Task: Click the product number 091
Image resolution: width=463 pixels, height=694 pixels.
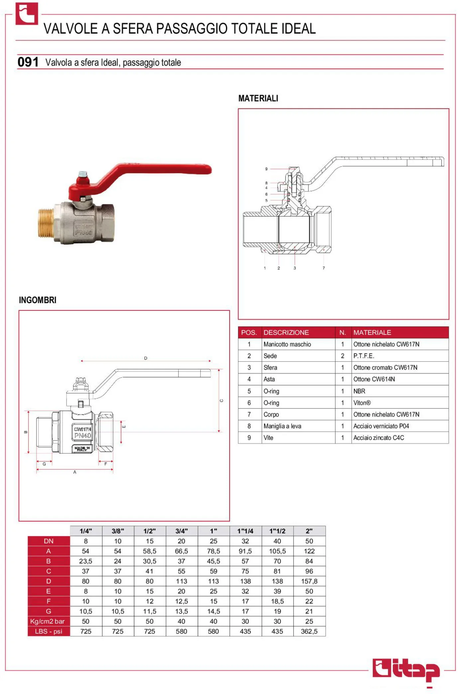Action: tap(28, 62)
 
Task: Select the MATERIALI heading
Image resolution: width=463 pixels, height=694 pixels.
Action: tap(258, 98)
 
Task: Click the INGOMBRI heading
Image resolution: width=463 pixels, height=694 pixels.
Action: tap(38, 300)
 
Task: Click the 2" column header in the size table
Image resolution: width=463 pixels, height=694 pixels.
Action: tap(309, 531)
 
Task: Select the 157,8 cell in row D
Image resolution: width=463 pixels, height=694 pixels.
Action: tap(309, 581)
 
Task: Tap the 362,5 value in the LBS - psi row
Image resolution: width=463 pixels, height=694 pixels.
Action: tap(309, 632)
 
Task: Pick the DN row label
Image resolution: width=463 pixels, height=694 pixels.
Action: tap(49, 541)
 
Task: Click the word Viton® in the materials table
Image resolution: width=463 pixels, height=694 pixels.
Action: tap(362, 403)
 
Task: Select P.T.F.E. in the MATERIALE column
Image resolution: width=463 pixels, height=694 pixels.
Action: tap(364, 356)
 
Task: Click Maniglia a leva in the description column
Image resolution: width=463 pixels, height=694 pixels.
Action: tap(282, 426)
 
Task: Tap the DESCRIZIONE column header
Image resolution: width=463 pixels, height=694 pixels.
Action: tap(286, 332)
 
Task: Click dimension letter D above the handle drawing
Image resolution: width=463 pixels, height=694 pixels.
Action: tap(146, 358)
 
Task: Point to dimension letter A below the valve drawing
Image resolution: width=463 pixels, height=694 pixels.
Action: tap(75, 472)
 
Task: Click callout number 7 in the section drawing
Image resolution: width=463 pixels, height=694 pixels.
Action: tap(324, 268)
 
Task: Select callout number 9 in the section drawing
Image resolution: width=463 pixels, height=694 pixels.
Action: tap(266, 169)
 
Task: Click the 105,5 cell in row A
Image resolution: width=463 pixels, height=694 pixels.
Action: tap(277, 551)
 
